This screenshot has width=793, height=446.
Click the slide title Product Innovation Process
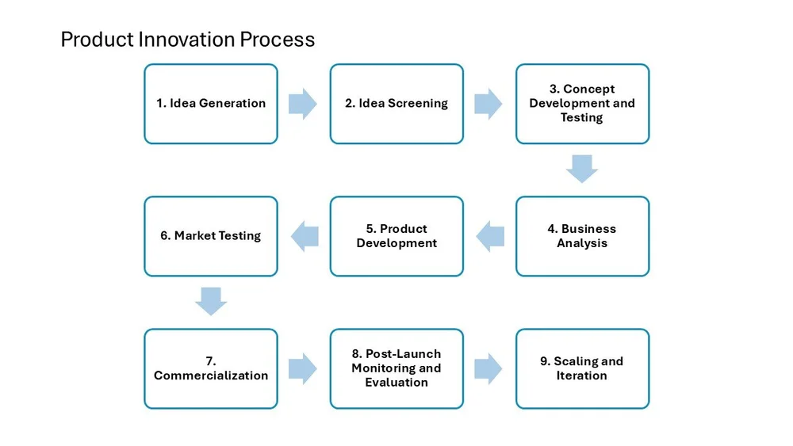tap(187, 39)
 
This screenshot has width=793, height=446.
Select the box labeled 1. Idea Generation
tap(211, 104)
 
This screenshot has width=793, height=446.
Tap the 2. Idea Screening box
tap(396, 104)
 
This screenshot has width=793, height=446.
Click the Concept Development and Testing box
tap(582, 104)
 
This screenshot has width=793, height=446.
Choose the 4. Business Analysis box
tap(582, 236)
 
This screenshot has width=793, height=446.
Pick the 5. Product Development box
tap(396, 236)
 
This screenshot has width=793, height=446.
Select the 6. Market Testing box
tap(211, 236)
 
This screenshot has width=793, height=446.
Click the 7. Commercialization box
tap(211, 368)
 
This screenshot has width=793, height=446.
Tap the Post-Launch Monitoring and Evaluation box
tap(396, 368)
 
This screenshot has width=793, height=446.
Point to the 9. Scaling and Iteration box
tap(582, 368)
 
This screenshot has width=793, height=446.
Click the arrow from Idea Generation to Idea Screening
tap(303, 104)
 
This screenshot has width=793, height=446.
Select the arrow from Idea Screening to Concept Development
tap(488, 104)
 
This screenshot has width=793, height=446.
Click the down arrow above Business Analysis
tap(582, 169)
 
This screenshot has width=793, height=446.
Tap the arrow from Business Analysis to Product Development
tap(490, 236)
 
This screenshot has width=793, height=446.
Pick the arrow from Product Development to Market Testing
tap(305, 236)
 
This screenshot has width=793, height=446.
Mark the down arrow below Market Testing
tap(211, 301)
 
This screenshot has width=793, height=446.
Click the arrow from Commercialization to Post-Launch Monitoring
tap(303, 368)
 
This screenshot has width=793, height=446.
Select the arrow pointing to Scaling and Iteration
tap(488, 368)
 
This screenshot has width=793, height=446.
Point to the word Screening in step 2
tap(417, 104)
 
